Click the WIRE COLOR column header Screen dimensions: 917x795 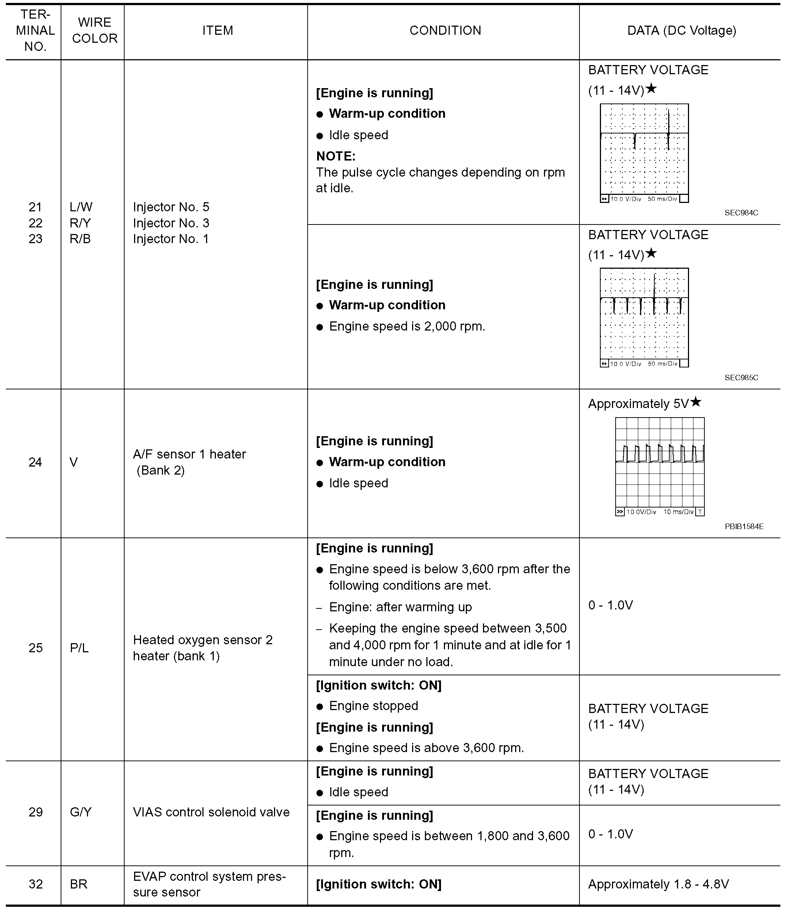point(95,30)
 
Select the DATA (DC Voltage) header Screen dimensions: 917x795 point(681,30)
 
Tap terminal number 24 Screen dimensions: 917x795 point(35,462)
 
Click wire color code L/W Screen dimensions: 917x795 point(81,207)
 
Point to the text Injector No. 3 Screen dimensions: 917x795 point(171,223)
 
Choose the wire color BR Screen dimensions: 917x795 point(79,884)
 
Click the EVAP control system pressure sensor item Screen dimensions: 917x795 point(209,884)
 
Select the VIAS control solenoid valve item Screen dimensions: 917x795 point(211,812)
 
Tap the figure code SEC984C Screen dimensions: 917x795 point(741,213)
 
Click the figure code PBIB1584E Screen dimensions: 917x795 point(744,527)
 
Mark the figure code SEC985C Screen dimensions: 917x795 point(741,378)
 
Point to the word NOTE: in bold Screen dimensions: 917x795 point(336,156)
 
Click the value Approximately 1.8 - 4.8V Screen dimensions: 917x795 point(658,884)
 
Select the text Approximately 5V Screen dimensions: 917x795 point(638,404)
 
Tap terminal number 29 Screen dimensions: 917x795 point(35,812)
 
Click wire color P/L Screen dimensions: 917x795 point(79,648)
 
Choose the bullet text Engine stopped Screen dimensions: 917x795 point(373,706)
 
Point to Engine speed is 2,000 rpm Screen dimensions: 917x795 point(407,327)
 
